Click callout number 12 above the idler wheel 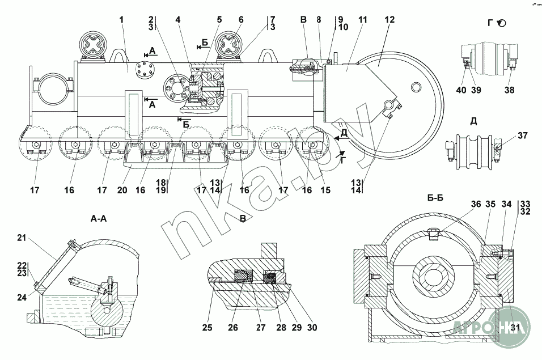pos(389,20)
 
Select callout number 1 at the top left pos(121,20)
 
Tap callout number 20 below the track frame pos(122,190)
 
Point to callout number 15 pos(325,190)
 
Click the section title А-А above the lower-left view pos(99,218)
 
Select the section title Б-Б pos(435,198)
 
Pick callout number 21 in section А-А pos(22,238)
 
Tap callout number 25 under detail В pos(208,328)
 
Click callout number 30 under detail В pos(312,328)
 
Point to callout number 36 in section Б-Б pos(476,204)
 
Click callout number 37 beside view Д pos(523,135)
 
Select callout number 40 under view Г pos(461,90)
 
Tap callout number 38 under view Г pos(509,90)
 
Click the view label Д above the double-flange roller pos(473,121)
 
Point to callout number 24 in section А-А pos(22,297)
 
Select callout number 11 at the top pos(362,20)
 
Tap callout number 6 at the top pos(241,20)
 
